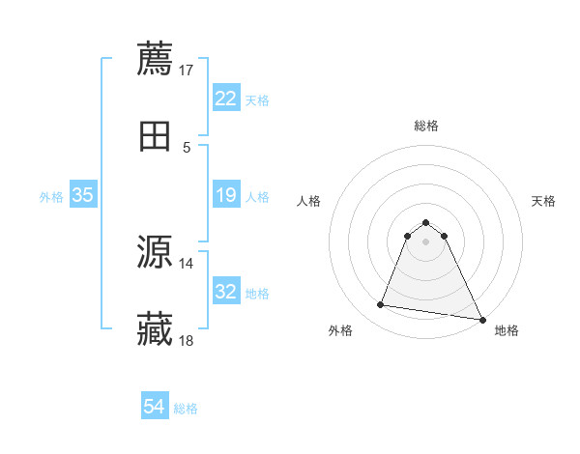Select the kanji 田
(155, 136)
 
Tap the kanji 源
(155, 253)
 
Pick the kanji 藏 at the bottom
(155, 330)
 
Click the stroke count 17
(187, 70)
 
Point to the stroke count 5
(187, 147)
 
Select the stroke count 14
(187, 263)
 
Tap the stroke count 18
(187, 341)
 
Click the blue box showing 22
(225, 99)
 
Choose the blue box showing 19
(225, 195)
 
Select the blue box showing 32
(225, 292)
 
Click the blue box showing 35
(82, 195)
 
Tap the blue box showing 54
(155, 408)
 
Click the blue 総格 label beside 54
(186, 409)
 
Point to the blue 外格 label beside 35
(51, 196)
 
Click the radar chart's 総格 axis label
(426, 126)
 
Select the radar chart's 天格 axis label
(544, 201)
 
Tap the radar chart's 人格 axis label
(308, 201)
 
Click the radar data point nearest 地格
(482, 320)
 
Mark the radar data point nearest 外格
(381, 305)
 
